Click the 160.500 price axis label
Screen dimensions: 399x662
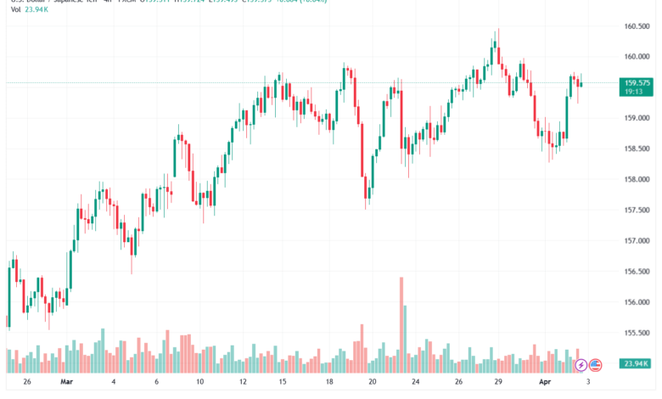[x=637, y=25]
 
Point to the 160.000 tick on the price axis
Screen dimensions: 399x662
[x=637, y=57]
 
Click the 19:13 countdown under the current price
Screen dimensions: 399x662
[x=633, y=92]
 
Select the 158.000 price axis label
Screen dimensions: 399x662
[x=637, y=179]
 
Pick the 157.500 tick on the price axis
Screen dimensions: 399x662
[x=637, y=210]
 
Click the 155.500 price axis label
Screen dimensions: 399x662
[x=637, y=333]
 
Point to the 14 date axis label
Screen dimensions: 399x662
[x=285, y=382]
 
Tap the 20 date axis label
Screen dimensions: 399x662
[x=372, y=382]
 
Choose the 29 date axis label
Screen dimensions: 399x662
[x=496, y=382]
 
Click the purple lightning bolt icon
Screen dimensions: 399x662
[x=581, y=365]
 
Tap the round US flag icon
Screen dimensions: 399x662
[x=596, y=365]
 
